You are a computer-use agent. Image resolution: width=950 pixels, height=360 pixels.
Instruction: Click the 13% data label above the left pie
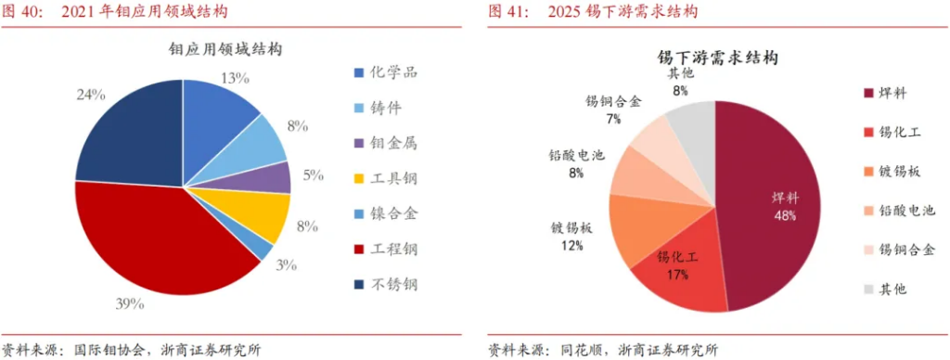coord(235,79)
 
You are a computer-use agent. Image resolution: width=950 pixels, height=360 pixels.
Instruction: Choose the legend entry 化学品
coord(386,73)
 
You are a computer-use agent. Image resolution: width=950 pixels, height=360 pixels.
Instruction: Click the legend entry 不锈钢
coord(386,284)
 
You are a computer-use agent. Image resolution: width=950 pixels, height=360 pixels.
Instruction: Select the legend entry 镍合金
coord(386,213)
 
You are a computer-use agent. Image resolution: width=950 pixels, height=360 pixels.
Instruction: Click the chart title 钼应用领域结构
coord(225,48)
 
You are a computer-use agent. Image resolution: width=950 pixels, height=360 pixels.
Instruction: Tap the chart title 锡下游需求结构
coord(712,58)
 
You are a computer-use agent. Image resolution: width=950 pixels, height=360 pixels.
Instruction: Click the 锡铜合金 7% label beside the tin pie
coord(613,109)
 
